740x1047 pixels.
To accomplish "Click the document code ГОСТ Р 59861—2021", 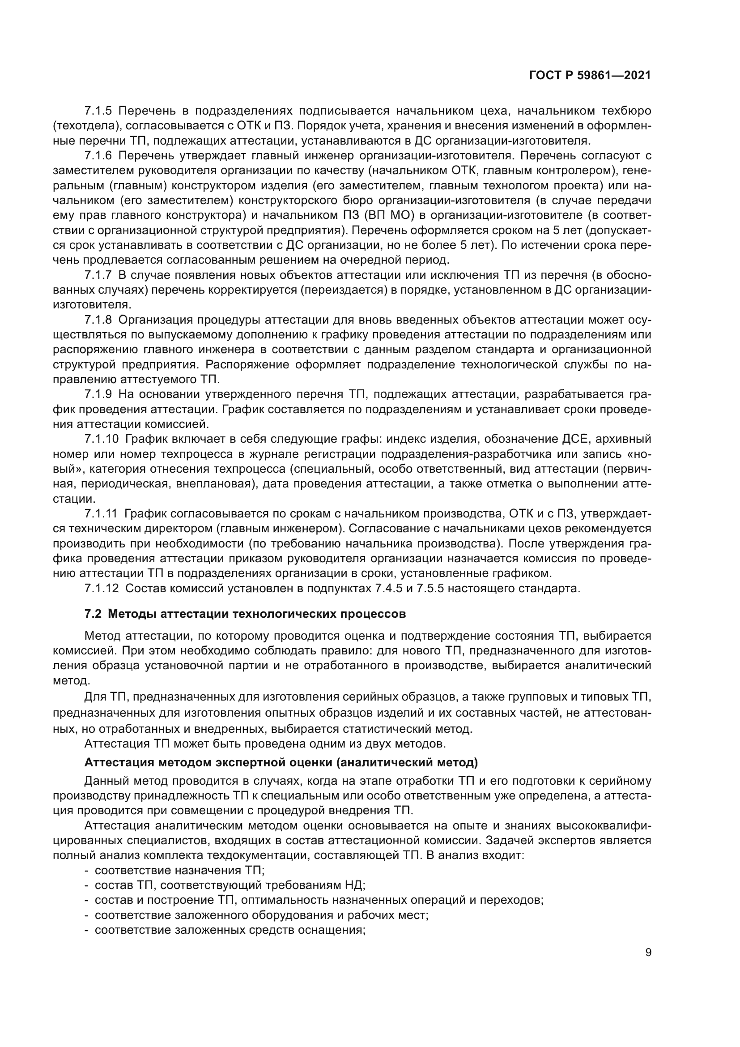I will click(x=590, y=75).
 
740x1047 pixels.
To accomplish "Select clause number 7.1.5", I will click(x=98, y=111).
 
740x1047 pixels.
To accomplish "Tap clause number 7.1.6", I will click(x=98, y=155).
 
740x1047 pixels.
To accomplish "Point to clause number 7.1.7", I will click(x=98, y=275).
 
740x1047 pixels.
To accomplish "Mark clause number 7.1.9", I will click(x=98, y=394).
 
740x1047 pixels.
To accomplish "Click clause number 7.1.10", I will click(x=101, y=439).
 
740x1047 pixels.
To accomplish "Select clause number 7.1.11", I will click(x=101, y=514).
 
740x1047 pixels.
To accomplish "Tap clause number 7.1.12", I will click(x=101, y=588).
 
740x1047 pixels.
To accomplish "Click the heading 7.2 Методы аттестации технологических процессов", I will click(x=245, y=614).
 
